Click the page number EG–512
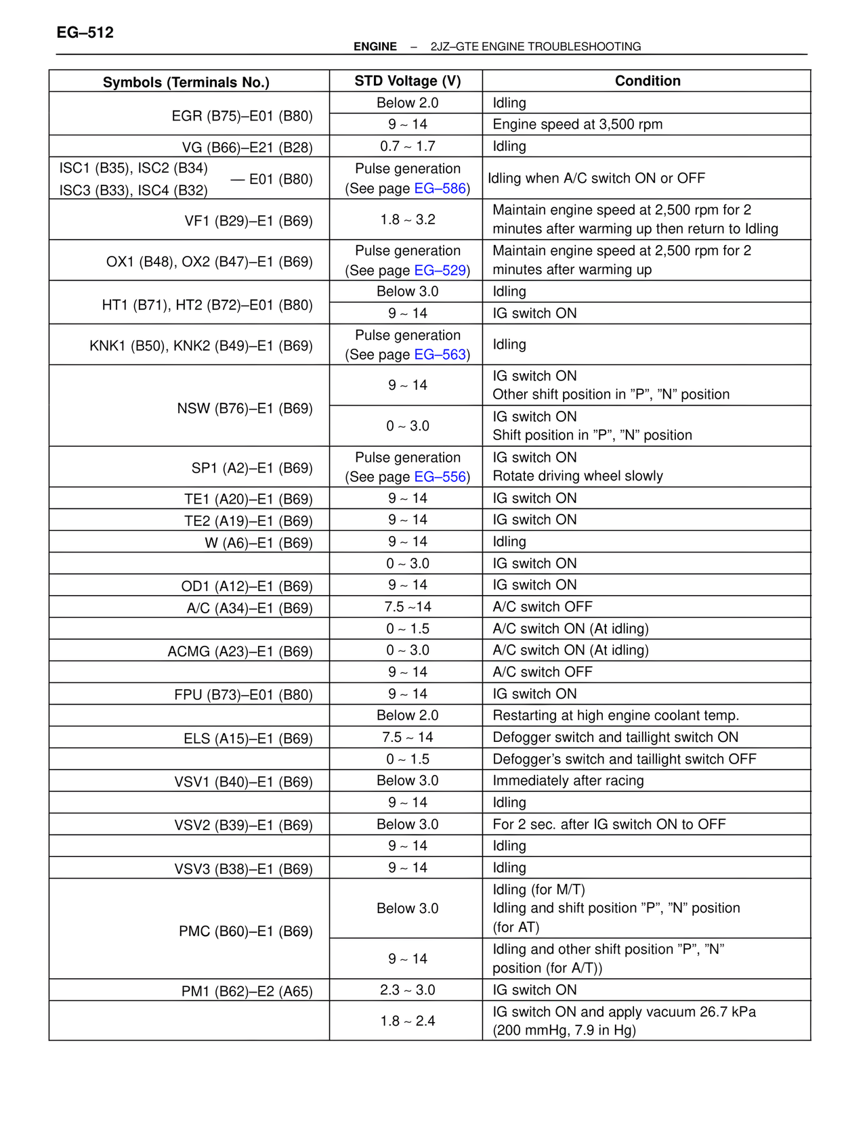coord(85,32)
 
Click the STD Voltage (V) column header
coord(407,81)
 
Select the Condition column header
coord(647,81)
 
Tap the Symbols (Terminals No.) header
coord(186,83)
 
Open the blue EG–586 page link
coord(440,189)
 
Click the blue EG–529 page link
coord(440,271)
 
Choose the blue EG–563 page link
coord(440,355)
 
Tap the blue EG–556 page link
coord(440,477)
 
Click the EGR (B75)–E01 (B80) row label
coord(242,116)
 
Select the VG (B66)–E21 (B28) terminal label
coord(247,148)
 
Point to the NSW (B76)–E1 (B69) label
coord(245,409)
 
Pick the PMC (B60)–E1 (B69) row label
coord(245,931)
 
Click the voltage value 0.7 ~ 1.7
coord(407,146)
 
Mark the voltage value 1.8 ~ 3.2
coord(407,220)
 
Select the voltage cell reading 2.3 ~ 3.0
coord(407,990)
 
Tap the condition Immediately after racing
coord(568,781)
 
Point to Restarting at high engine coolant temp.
coord(615,716)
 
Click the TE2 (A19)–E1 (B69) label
coord(248,521)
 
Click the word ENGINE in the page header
coord(375,47)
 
